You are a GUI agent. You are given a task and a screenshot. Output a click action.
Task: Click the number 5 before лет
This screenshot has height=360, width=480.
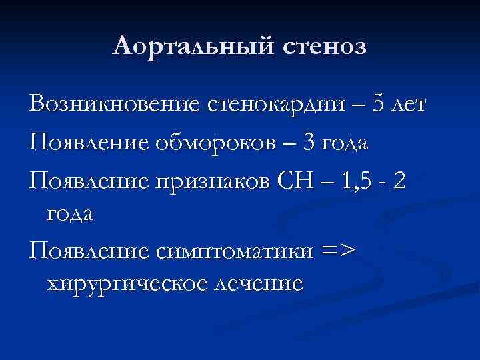click(377, 105)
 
